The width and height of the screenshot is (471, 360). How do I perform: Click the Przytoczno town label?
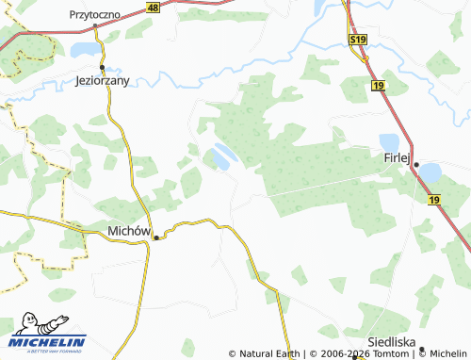[98, 15]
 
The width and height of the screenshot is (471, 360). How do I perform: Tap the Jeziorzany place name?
[105, 81]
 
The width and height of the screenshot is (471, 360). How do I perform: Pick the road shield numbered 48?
[154, 7]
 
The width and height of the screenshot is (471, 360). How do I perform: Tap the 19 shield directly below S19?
[378, 86]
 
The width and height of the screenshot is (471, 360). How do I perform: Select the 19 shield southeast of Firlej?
[433, 200]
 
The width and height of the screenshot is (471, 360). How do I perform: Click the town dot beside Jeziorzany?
[102, 68]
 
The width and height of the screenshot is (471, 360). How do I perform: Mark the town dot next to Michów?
[156, 237]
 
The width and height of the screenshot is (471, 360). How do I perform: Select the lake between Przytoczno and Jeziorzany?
[84, 49]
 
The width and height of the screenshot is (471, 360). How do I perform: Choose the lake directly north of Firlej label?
[389, 141]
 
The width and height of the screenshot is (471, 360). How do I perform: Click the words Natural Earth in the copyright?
[268, 354]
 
